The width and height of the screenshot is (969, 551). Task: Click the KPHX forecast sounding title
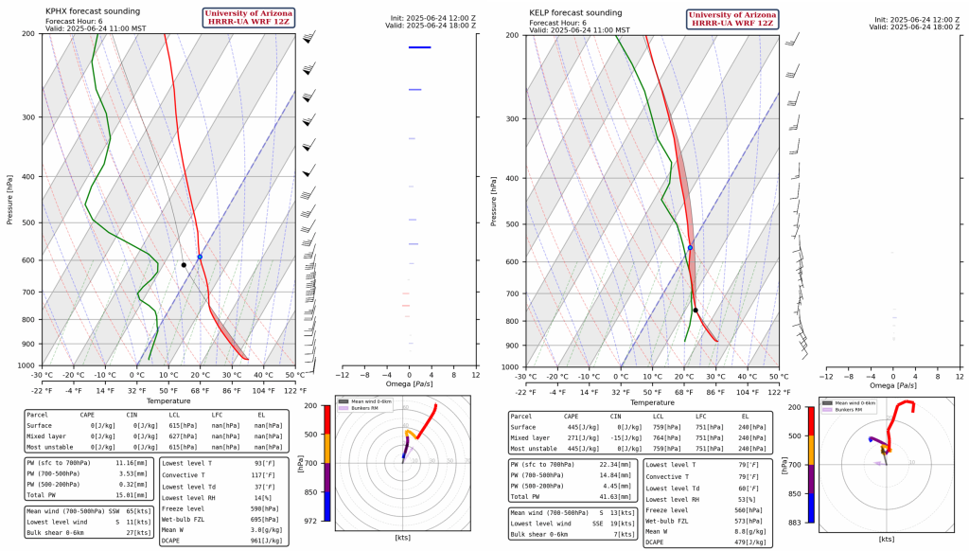93,11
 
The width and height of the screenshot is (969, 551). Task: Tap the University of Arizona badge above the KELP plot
734,19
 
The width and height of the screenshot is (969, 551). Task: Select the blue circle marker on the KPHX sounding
200,257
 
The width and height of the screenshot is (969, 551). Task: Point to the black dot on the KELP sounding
696,311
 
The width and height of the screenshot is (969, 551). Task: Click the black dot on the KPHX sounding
184,265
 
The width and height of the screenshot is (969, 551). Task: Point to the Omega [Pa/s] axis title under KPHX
409,384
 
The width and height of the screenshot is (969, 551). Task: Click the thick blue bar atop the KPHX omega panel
419,47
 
